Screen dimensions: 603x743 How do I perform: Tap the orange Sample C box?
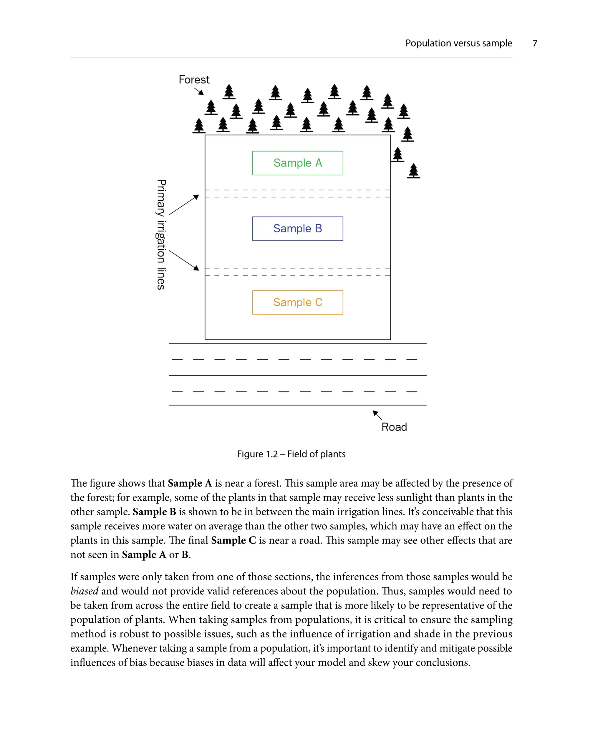click(x=297, y=302)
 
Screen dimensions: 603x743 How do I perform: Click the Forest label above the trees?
click(x=194, y=80)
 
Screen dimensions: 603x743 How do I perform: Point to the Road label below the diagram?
click(x=394, y=427)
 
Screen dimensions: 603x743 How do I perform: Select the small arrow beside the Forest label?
click(x=199, y=91)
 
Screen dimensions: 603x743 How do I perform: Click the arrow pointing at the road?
click(x=377, y=415)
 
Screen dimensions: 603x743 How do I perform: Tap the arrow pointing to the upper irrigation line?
click(x=184, y=205)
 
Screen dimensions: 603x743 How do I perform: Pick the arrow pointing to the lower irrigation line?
click(x=184, y=260)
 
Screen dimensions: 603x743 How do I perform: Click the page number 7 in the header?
click(x=535, y=43)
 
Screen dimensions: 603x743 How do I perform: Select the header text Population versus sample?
click(x=458, y=43)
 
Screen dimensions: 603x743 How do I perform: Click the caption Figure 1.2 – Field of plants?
click(x=291, y=454)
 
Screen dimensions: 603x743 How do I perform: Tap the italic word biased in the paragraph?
click(x=85, y=591)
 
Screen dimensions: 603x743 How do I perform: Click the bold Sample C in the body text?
click(x=233, y=540)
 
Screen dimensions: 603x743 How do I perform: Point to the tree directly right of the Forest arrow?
click(x=211, y=108)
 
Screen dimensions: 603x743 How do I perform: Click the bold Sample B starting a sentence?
click(x=154, y=512)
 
